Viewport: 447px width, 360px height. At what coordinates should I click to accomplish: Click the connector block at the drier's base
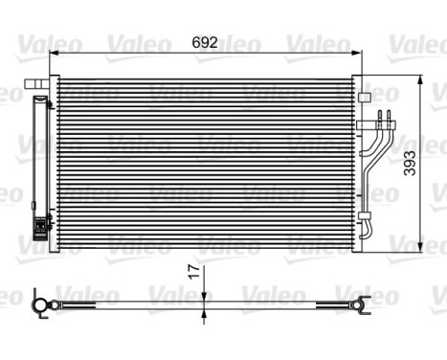[x=40, y=228]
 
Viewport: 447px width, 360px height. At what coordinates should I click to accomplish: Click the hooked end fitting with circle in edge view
[x=39, y=305]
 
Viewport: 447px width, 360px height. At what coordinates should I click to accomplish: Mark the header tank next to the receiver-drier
[x=56, y=164]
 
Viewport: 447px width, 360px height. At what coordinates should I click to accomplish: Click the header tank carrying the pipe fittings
[x=355, y=164]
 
